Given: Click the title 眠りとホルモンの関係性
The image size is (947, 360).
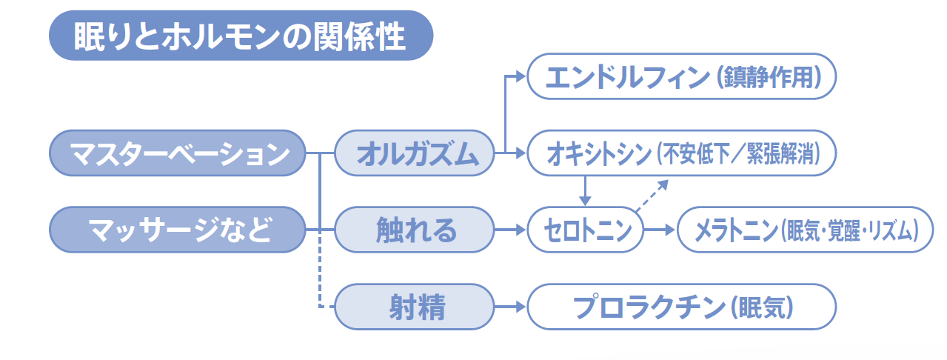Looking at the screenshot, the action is pos(241,36).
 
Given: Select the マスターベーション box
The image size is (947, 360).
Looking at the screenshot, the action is pos(178,153).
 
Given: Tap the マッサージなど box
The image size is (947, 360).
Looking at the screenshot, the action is pos(178,230).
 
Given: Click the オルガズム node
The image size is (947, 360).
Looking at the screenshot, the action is pos(415,153).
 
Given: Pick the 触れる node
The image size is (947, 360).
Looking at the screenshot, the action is pos(415,230).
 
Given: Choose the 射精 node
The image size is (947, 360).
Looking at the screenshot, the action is pos(415,307).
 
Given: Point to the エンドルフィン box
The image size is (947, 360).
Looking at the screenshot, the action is pos(682,76).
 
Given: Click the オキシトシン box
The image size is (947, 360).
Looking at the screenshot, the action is pos(682,153).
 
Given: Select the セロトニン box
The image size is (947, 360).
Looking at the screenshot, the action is pos(586,230).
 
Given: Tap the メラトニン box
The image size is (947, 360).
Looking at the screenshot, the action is pos(806,230).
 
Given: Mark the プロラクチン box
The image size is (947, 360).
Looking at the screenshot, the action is pos(682,307).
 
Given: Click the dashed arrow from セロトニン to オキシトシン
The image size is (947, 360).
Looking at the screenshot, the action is pos(652,196).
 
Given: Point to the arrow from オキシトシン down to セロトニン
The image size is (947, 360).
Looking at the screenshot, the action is pos(585,191).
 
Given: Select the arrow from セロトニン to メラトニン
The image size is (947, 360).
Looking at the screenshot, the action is pos(660,230).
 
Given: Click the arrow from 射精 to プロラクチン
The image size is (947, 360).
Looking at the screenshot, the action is pos(510,307).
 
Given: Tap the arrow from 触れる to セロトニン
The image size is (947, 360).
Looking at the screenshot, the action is pos(510,230).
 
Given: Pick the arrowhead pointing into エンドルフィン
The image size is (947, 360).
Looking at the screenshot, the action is pos(520,76).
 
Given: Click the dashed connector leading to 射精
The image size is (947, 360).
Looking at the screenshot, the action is pos(320,270).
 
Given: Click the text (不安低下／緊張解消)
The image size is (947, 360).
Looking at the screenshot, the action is pos(739,153).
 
